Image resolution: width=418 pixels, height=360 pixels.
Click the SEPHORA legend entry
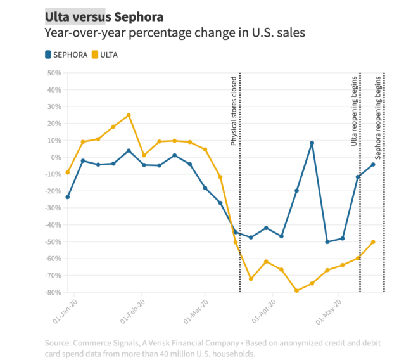point(66,55)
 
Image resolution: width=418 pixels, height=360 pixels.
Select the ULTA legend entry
point(104,55)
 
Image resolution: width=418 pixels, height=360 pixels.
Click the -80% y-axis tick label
point(53,292)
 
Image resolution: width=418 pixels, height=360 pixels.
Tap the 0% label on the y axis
point(56,157)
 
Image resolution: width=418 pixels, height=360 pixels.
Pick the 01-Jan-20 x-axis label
point(65,309)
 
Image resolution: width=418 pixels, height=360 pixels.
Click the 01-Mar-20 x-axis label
point(195,309)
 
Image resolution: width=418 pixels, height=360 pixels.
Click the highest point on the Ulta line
point(129,115)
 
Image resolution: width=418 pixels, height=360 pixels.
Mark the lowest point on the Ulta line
point(296,291)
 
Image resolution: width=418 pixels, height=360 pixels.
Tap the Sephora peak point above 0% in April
point(312,143)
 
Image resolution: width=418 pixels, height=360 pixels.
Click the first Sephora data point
point(67,197)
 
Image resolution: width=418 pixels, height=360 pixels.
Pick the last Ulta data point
point(373,241)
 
